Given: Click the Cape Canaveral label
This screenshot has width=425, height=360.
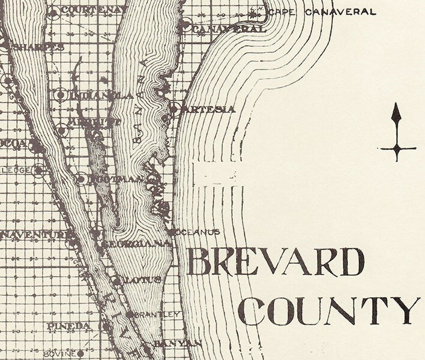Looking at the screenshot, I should (x=323, y=11).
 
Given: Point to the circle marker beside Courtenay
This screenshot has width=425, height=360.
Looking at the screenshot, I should (x=54, y=13).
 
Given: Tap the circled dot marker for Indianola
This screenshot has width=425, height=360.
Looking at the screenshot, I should (x=61, y=95).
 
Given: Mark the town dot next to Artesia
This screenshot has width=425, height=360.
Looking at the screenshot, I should (x=173, y=109).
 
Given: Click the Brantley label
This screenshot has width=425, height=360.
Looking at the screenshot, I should (x=158, y=314).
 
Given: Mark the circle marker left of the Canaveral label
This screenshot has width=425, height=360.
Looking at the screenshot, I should (x=186, y=26).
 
